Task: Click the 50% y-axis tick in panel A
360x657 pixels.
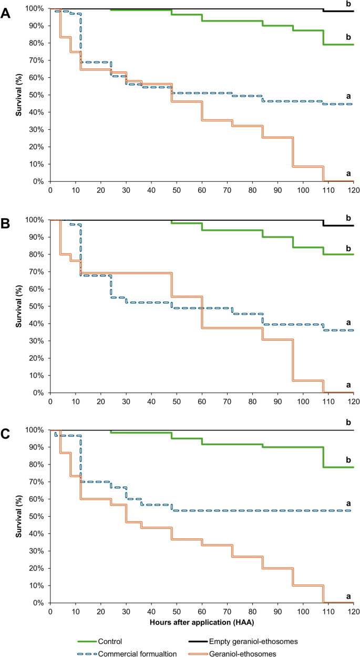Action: (x=37, y=95)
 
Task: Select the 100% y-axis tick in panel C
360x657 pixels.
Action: (x=35, y=430)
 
